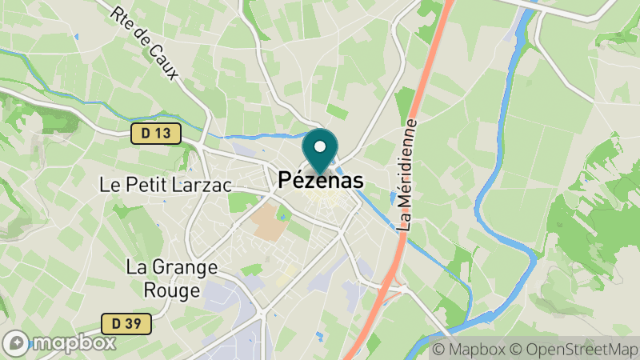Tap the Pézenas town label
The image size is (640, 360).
pyautogui.click(x=321, y=182)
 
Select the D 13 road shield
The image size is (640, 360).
pyautogui.click(x=156, y=134)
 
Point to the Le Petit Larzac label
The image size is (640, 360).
pyautogui.click(x=166, y=185)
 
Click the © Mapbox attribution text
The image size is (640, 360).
pyautogui.click(x=470, y=350)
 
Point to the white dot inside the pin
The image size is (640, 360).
pyautogui.click(x=320, y=146)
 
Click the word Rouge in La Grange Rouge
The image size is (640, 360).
pyautogui.click(x=173, y=290)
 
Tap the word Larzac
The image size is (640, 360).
pyautogui.click(x=202, y=185)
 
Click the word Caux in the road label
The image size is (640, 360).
pyautogui.click(x=166, y=62)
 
